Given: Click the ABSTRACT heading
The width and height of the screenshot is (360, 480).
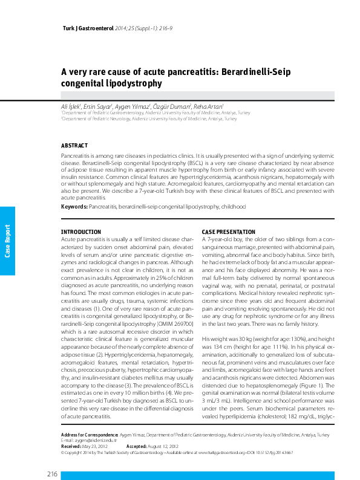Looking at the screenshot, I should pyautogui.click(x=74, y=146).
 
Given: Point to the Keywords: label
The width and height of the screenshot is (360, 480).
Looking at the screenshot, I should pyautogui.click(x=74, y=207).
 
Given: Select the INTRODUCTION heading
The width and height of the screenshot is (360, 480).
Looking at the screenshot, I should pyautogui.click(x=81, y=232).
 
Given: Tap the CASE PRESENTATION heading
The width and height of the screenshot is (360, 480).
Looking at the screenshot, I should pyautogui.click(x=228, y=232).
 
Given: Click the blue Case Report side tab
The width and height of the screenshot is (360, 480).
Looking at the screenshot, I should pyautogui.click(x=8, y=241).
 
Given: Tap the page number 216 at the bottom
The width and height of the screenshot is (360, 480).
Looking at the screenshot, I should pyautogui.click(x=51, y=473).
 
